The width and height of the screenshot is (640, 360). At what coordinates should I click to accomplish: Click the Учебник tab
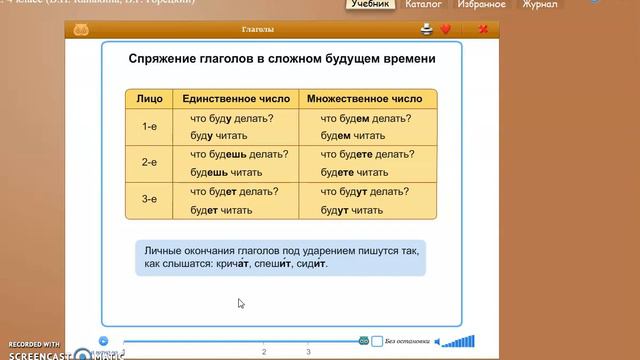[370, 5]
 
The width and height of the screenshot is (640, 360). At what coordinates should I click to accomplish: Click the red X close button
[483, 29]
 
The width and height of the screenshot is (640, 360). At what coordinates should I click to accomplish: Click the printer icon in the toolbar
[427, 29]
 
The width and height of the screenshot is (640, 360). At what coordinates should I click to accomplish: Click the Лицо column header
[150, 99]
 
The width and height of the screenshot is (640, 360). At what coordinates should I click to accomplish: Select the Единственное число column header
[236, 99]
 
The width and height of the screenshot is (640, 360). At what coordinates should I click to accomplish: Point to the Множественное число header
[364, 99]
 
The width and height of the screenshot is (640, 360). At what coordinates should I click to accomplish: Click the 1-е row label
[150, 126]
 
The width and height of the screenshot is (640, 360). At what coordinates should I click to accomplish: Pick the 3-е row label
[150, 200]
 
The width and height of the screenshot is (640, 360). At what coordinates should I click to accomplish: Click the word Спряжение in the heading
[165, 59]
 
